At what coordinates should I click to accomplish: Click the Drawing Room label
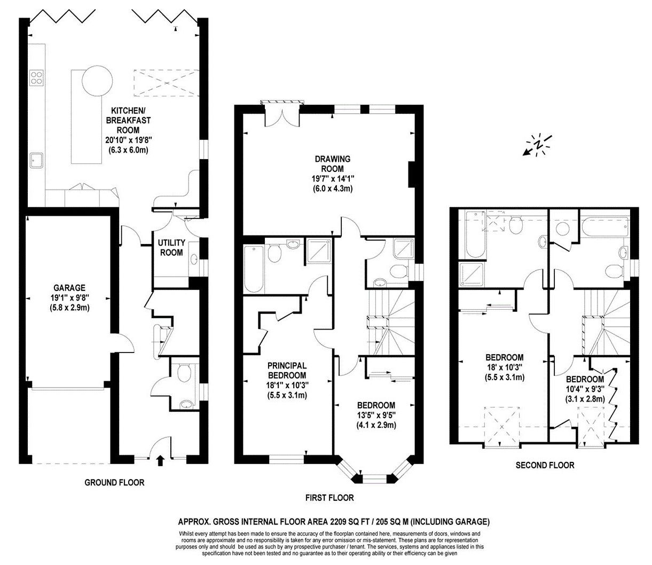(x=332, y=163)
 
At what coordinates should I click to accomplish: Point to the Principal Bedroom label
(x=287, y=371)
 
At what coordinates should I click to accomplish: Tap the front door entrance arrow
(x=160, y=460)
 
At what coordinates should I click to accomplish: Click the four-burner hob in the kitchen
(x=36, y=78)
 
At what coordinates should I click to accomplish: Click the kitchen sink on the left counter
(x=37, y=160)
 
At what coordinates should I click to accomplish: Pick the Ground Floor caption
(x=114, y=483)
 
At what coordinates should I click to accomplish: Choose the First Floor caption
(x=329, y=498)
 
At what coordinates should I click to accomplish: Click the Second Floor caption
(x=545, y=465)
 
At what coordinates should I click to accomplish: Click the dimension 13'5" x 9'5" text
(x=376, y=415)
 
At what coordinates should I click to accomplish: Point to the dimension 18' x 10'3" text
(x=504, y=367)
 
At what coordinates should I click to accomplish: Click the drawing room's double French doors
(x=282, y=113)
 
